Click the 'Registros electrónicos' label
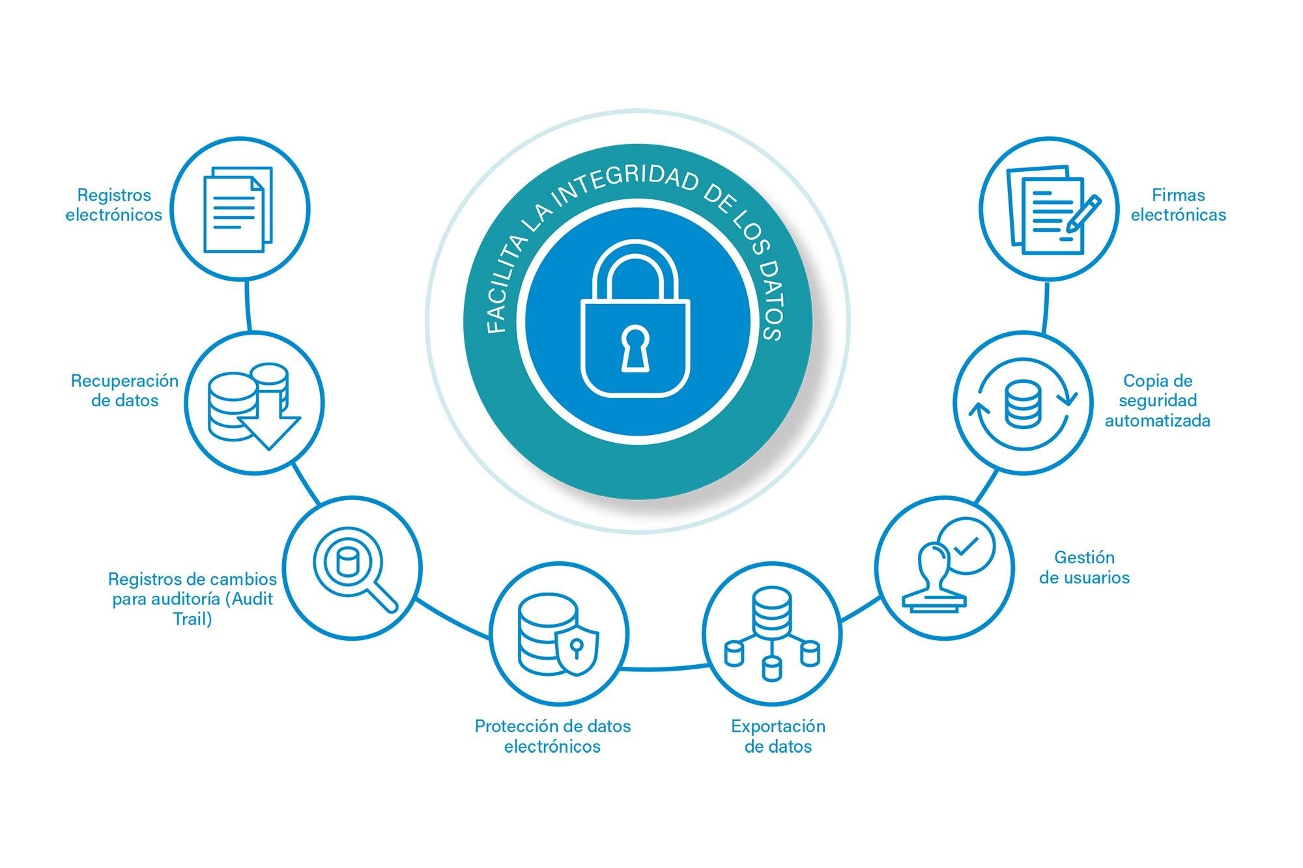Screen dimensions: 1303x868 point(114,205)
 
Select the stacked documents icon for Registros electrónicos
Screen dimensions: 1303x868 point(238,210)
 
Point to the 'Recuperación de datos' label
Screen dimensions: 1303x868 point(124,391)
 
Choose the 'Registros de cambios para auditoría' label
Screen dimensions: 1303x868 point(192,599)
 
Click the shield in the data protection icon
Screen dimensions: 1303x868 point(577,651)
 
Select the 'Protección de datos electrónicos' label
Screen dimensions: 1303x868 point(552,736)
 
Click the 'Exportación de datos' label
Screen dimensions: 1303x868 point(778,736)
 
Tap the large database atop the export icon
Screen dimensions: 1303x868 point(772,611)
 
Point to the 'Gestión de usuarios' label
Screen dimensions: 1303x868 point(1084,567)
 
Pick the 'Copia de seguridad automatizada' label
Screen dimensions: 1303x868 point(1158,400)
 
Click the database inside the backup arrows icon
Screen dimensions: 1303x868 point(1023,404)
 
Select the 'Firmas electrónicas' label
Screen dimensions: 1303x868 point(1179,205)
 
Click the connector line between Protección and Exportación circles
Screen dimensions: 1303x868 point(665,667)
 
